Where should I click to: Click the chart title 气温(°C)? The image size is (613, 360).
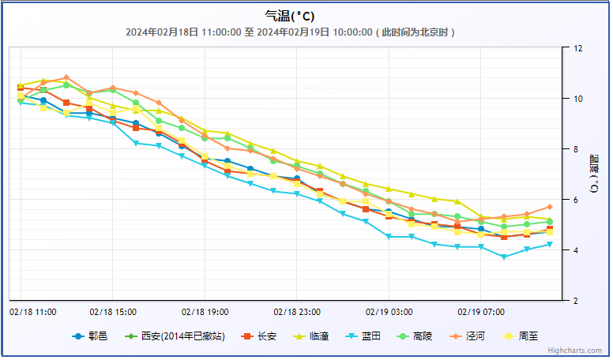pyautogui.click(x=290, y=16)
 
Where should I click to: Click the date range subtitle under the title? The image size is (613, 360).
pyautogui.click(x=290, y=32)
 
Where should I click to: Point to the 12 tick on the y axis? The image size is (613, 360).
pyautogui.click(x=577, y=48)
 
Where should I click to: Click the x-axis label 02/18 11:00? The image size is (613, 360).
pyautogui.click(x=33, y=312)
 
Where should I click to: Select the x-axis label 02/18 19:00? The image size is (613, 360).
pyautogui.click(x=205, y=312)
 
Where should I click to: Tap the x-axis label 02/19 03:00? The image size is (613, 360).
pyautogui.click(x=389, y=312)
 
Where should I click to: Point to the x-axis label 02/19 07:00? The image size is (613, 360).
pyautogui.click(x=480, y=312)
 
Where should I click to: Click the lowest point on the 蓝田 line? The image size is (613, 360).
pyautogui.click(x=504, y=257)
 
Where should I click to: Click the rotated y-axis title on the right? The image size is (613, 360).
pyautogui.click(x=593, y=174)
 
